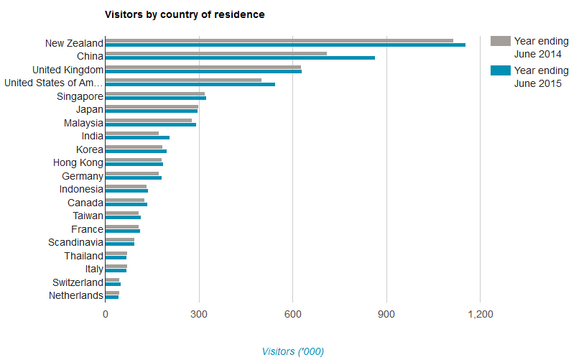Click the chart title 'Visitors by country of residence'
(x=184, y=14)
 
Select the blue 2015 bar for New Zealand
(x=285, y=45)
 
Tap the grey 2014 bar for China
(x=215, y=53)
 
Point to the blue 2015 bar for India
(x=137, y=137)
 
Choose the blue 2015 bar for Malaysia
(x=150, y=124)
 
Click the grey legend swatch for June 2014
(x=500, y=40)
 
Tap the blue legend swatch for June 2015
(x=500, y=70)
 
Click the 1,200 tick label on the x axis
(x=480, y=314)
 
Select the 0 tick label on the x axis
(x=106, y=314)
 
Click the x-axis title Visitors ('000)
(x=292, y=351)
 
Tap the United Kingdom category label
(x=68, y=70)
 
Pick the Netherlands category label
(x=75, y=296)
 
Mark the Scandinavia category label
(x=75, y=243)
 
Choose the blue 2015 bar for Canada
(x=126, y=204)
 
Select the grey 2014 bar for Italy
(x=116, y=266)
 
